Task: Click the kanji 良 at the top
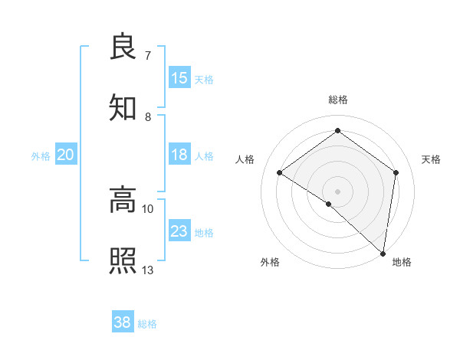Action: [123, 47]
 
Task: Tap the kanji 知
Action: [123, 107]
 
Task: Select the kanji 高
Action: [123, 201]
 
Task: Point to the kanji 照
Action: [123, 261]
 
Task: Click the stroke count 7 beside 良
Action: [148, 56]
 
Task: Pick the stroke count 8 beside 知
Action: [148, 116]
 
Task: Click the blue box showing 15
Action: [179, 77]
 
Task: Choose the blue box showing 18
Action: [179, 155]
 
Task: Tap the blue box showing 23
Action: [179, 231]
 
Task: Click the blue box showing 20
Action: [66, 155]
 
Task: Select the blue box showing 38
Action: [123, 322]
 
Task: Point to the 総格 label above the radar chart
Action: [338, 100]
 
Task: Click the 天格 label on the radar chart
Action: [431, 159]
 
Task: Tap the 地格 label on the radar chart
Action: [402, 262]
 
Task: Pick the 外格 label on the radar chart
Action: [270, 262]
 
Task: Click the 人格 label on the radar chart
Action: [245, 159]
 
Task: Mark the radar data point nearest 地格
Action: [383, 253]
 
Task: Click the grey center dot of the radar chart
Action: [337, 190]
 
